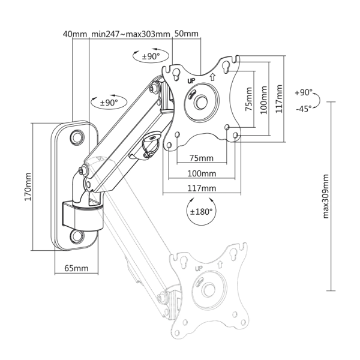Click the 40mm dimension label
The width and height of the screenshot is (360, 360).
tap(75, 34)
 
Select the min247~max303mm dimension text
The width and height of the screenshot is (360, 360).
tap(131, 34)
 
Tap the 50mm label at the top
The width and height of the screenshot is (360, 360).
tap(187, 34)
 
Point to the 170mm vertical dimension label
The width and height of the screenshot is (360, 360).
tap(28, 187)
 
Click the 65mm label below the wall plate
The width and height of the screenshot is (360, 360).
tap(76, 268)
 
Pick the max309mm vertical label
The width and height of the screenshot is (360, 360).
tap(326, 196)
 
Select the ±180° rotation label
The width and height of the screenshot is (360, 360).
tap(201, 211)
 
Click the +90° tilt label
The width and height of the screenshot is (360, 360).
tap(304, 92)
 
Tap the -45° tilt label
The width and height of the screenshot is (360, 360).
tap(304, 109)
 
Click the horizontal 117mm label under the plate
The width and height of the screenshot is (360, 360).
tap(202, 188)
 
